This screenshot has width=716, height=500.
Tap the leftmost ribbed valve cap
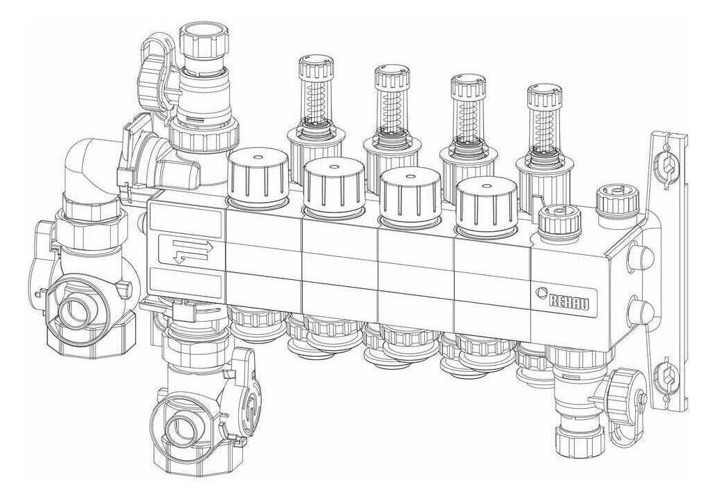(x=258, y=178)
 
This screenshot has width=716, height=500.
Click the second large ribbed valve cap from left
(x=335, y=187)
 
